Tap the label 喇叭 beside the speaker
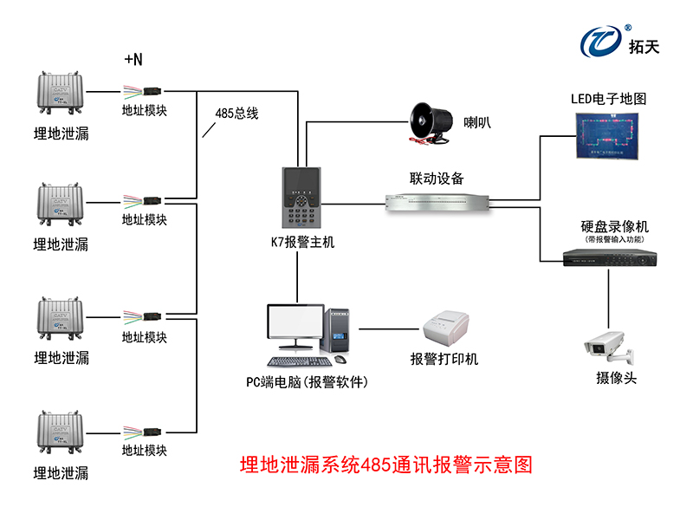click(477, 122)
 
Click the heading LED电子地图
click(607, 99)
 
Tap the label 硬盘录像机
click(609, 226)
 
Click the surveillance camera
click(607, 346)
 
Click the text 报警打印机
click(444, 359)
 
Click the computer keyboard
click(296, 361)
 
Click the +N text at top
click(133, 60)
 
